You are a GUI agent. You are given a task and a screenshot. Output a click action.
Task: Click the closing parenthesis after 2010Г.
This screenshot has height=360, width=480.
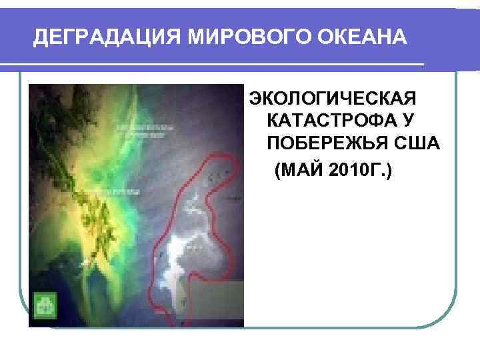[389, 173]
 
